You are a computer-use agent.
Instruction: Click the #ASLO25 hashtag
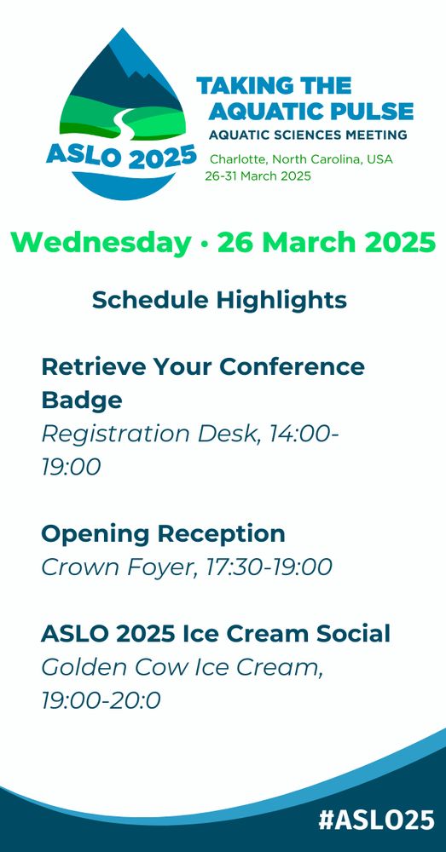(376, 820)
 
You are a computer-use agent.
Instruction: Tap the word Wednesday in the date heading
(101, 243)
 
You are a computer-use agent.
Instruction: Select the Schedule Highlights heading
(219, 301)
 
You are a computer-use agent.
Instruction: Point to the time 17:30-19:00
(269, 567)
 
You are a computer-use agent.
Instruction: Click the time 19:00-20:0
(101, 701)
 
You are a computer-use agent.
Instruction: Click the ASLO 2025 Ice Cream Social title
(216, 634)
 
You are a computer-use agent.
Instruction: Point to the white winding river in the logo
(117, 122)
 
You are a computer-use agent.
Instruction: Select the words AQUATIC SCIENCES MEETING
(308, 135)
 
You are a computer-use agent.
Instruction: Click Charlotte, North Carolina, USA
(301, 160)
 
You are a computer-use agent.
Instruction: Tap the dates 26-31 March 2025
(258, 176)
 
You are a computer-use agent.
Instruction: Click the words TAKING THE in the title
(274, 86)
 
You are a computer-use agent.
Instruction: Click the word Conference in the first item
(293, 366)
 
